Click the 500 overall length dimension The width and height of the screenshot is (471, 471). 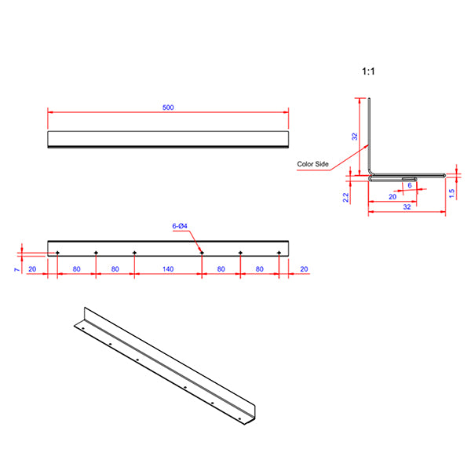(168, 107)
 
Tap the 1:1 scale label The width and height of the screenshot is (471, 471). (368, 71)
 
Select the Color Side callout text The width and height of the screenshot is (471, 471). (312, 165)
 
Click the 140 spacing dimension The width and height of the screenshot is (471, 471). (168, 269)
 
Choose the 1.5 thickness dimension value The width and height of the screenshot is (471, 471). (451, 193)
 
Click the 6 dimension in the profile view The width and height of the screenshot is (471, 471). (409, 186)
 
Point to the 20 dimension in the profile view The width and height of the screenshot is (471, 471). (392, 197)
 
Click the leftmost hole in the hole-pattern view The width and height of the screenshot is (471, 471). (58, 252)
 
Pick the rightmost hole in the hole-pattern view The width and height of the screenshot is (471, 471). (279, 252)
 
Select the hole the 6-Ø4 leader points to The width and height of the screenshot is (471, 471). (202, 252)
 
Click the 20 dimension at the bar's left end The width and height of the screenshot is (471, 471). (32, 269)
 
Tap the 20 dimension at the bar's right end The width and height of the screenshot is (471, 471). (303, 269)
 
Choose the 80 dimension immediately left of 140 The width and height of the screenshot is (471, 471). (115, 269)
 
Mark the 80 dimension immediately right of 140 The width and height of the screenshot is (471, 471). (221, 269)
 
